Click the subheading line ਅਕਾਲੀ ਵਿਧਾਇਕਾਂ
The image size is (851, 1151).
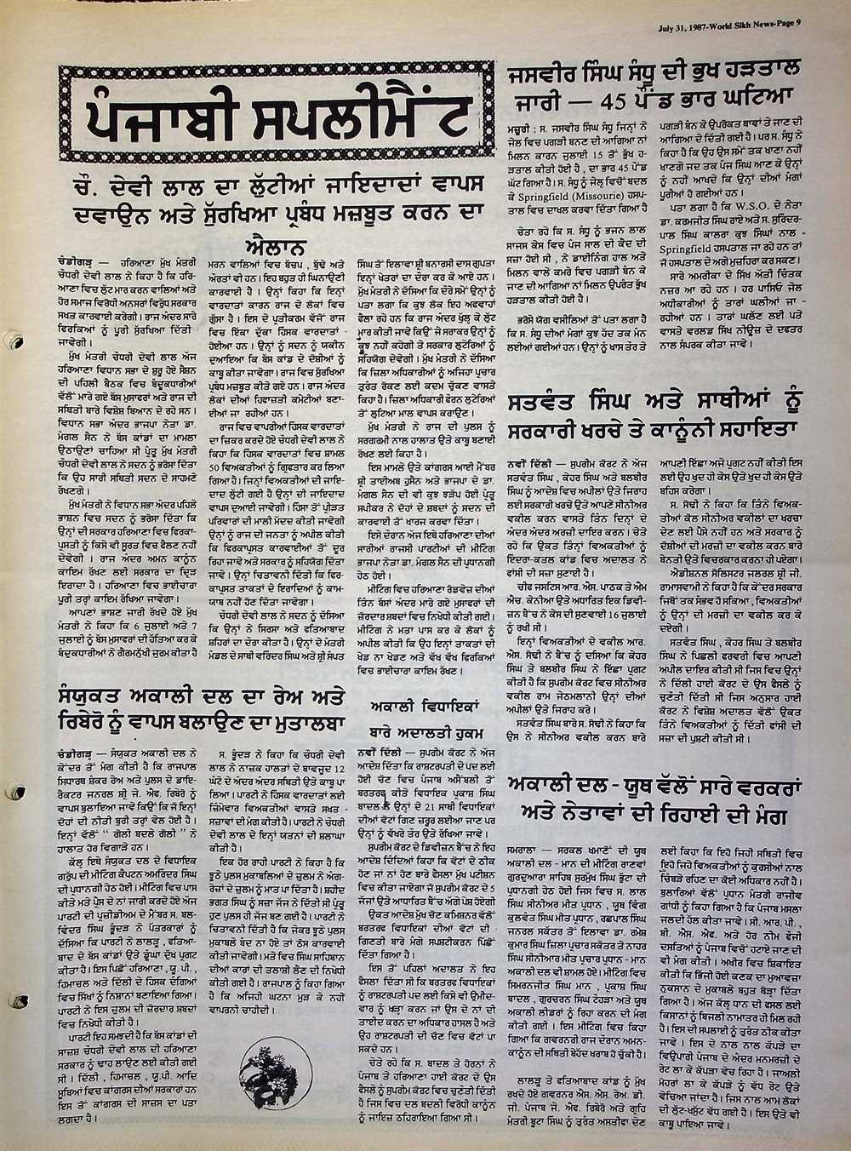423,706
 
